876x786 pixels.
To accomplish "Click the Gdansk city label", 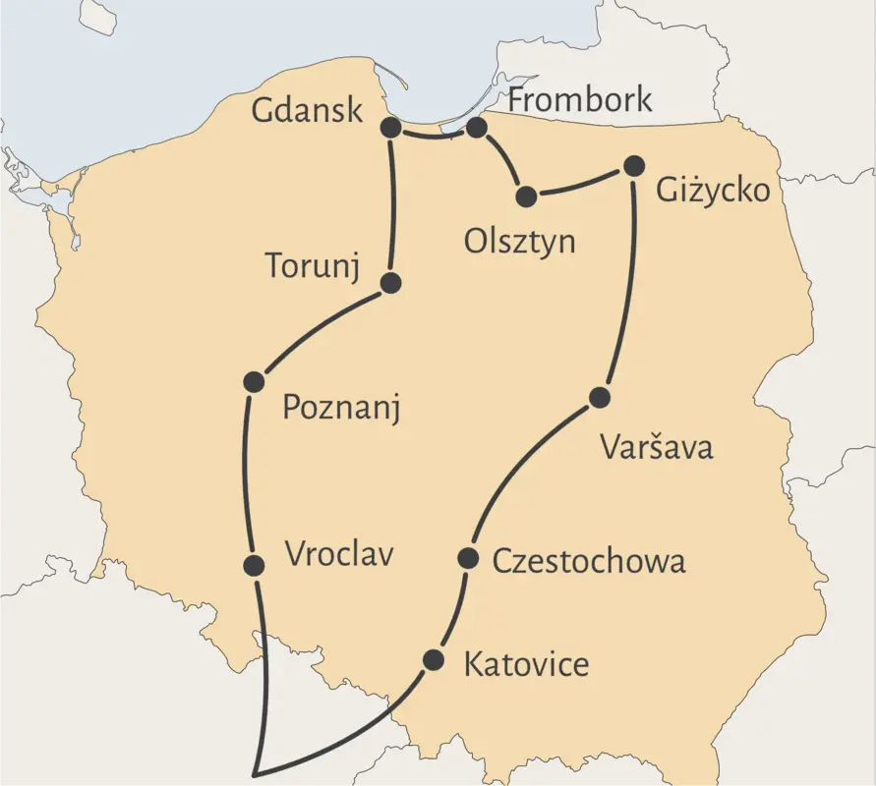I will (308, 110).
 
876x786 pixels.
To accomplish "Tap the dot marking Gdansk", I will (390, 128).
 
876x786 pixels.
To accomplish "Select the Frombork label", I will (580, 99).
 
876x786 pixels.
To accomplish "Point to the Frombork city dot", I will (477, 128).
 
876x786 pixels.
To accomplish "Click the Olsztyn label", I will (520, 242).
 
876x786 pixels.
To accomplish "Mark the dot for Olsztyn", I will (526, 196).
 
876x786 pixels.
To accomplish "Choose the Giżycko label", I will (713, 190).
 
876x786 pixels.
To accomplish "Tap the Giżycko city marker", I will (634, 165).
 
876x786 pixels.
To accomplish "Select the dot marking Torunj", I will (390, 283).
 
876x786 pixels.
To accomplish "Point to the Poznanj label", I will (341, 407).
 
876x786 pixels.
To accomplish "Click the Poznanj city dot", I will (254, 381).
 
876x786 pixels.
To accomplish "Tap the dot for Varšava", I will (600, 398).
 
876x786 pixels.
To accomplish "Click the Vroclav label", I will (339, 554).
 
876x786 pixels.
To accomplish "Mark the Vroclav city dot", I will (254, 565).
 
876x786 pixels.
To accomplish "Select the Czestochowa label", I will (588, 561).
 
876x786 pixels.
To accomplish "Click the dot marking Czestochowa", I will (469, 559).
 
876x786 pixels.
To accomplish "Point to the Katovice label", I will (526, 664).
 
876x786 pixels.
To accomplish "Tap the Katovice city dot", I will (433, 659).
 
